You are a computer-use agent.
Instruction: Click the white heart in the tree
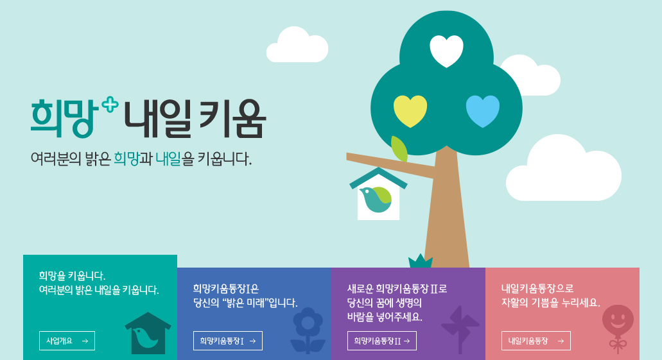click(446, 51)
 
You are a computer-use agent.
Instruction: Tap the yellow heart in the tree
click(410, 111)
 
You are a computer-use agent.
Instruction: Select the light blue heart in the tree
click(483, 111)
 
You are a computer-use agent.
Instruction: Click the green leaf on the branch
click(399, 149)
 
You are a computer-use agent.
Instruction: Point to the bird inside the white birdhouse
click(375, 199)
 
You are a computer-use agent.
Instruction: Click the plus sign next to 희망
click(110, 104)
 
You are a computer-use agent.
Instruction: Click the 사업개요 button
click(67, 341)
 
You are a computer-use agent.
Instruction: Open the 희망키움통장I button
click(228, 341)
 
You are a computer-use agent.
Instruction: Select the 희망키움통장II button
click(382, 341)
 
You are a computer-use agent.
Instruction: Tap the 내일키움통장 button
click(536, 341)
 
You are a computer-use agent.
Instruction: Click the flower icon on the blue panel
click(308, 330)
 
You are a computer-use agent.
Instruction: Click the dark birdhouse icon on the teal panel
click(148, 334)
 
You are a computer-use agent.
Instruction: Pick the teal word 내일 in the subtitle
click(168, 159)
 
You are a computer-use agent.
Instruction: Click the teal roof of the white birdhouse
click(378, 177)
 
